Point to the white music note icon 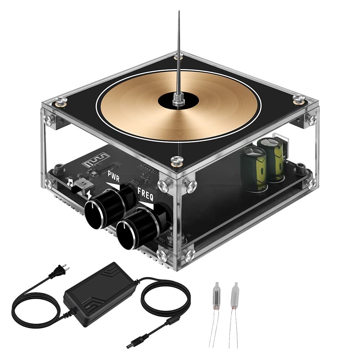coord(70,183)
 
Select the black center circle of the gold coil coord(179,99)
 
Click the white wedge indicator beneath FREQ coord(146,205)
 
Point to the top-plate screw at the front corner coord(176,162)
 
